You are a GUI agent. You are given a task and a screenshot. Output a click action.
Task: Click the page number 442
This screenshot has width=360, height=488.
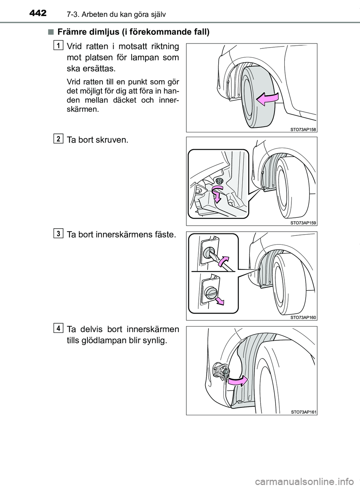[38, 13]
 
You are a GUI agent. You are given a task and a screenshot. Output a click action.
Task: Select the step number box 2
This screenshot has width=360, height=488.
[58, 139]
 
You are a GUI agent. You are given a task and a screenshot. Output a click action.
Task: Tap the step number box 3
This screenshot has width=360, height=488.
[58, 234]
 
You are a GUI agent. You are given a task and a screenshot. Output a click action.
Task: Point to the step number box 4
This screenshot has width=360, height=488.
[58, 328]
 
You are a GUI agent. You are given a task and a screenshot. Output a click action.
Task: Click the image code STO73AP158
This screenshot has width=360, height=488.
[303, 129]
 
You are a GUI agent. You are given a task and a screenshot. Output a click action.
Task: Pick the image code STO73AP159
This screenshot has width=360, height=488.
[303, 223]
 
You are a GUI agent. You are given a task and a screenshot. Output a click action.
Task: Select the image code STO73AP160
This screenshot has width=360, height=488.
[303, 317]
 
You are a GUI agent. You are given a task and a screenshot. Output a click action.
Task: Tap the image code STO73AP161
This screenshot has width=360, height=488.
[303, 412]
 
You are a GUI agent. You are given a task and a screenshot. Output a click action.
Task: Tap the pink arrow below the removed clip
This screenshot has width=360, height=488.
[219, 301]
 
